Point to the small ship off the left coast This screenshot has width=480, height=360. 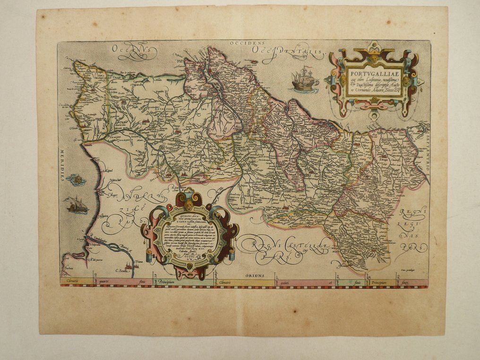77,206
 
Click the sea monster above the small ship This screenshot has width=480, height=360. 76,180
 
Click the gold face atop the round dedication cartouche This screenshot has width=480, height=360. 189,205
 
